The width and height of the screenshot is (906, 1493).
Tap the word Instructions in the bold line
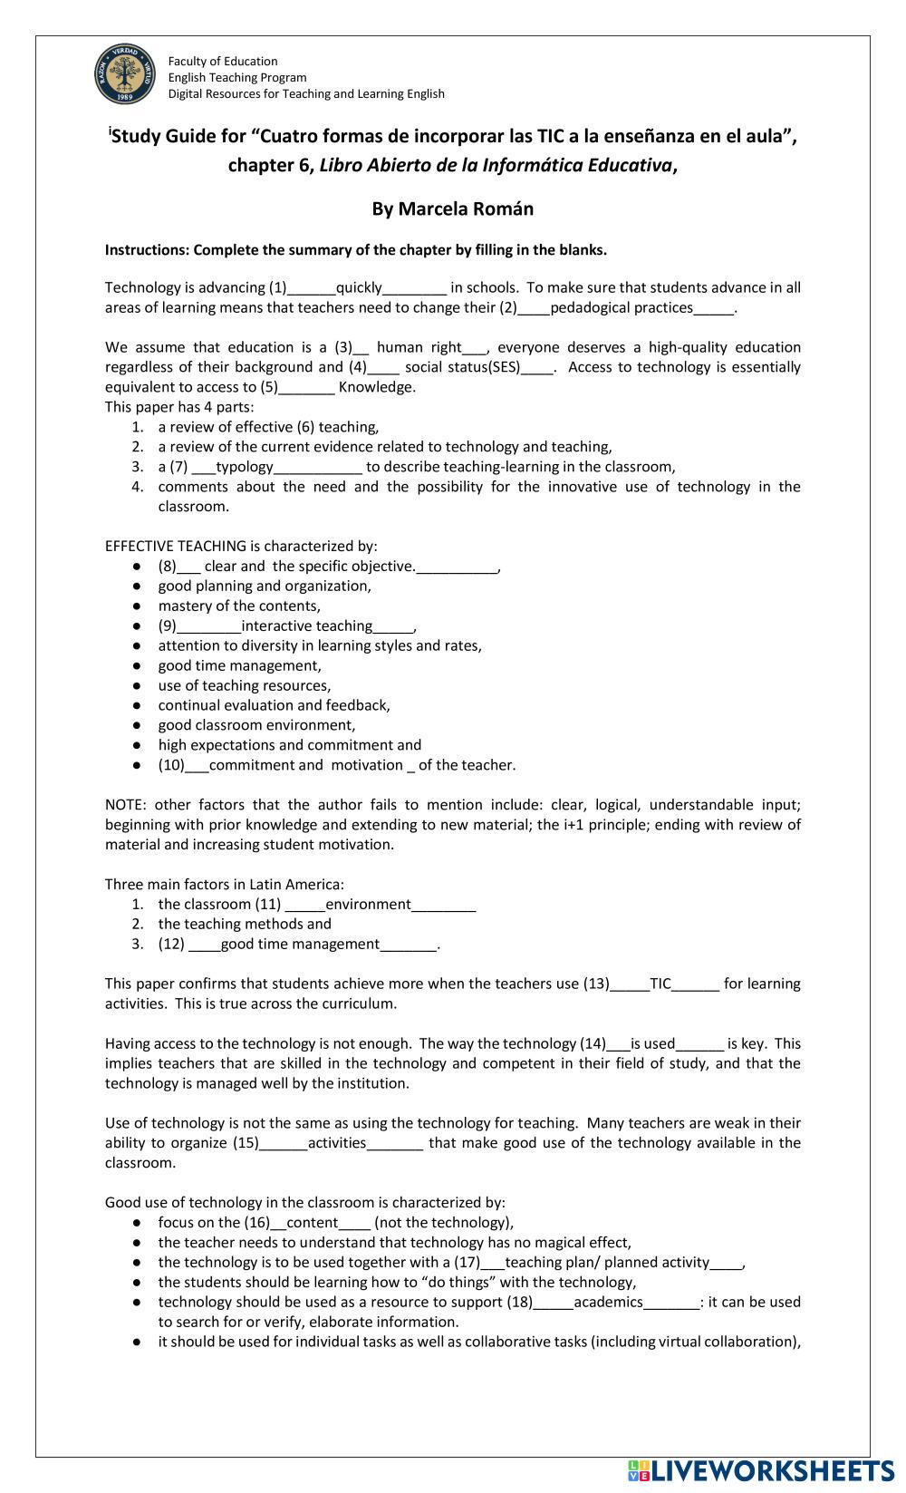click(x=147, y=249)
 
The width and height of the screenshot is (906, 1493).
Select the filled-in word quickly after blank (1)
click(x=359, y=287)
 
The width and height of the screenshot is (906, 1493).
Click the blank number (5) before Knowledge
click(x=270, y=387)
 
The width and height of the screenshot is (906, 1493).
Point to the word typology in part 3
click(x=244, y=467)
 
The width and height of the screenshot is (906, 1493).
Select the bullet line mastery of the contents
click(x=239, y=606)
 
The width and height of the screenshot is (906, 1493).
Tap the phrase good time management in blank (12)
click(x=300, y=944)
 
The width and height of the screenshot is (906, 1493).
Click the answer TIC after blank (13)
click(x=660, y=984)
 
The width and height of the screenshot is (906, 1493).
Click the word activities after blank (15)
click(x=337, y=1143)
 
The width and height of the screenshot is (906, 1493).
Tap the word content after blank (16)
click(x=312, y=1223)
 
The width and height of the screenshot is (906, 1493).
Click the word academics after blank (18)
click(x=608, y=1303)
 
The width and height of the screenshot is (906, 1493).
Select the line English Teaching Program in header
click(x=237, y=77)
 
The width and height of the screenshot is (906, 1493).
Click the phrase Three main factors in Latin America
click(x=224, y=884)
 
